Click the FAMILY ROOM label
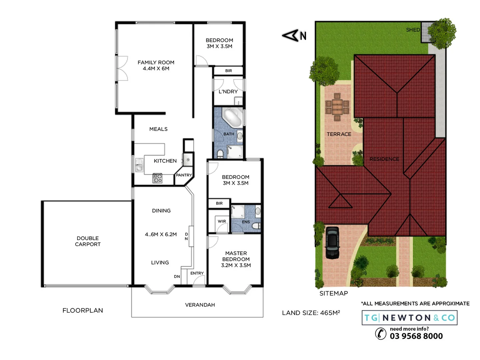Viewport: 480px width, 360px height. point(156,65)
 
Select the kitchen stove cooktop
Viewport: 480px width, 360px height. point(157,178)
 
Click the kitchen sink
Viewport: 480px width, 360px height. point(139,164)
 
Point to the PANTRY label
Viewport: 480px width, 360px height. point(184,175)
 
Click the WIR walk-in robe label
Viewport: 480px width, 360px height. point(222,221)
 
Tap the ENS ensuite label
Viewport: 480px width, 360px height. point(246,222)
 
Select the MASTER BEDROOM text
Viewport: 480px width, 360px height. point(236,259)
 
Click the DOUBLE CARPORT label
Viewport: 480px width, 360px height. point(88,241)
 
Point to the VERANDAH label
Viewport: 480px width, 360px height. point(200,305)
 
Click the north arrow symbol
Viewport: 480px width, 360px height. point(291,35)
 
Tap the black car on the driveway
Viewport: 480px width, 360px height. point(332,243)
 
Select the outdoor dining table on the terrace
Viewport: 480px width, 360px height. point(337,107)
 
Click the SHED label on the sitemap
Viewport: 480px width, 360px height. point(413,30)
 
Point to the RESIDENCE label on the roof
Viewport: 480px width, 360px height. point(384,159)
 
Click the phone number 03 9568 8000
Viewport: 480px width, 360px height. point(416,336)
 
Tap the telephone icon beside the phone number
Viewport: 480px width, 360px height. point(381,333)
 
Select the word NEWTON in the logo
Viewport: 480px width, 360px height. point(406,318)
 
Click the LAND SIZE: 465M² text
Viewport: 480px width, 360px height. point(311,313)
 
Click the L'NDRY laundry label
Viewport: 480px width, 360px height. point(228,92)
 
